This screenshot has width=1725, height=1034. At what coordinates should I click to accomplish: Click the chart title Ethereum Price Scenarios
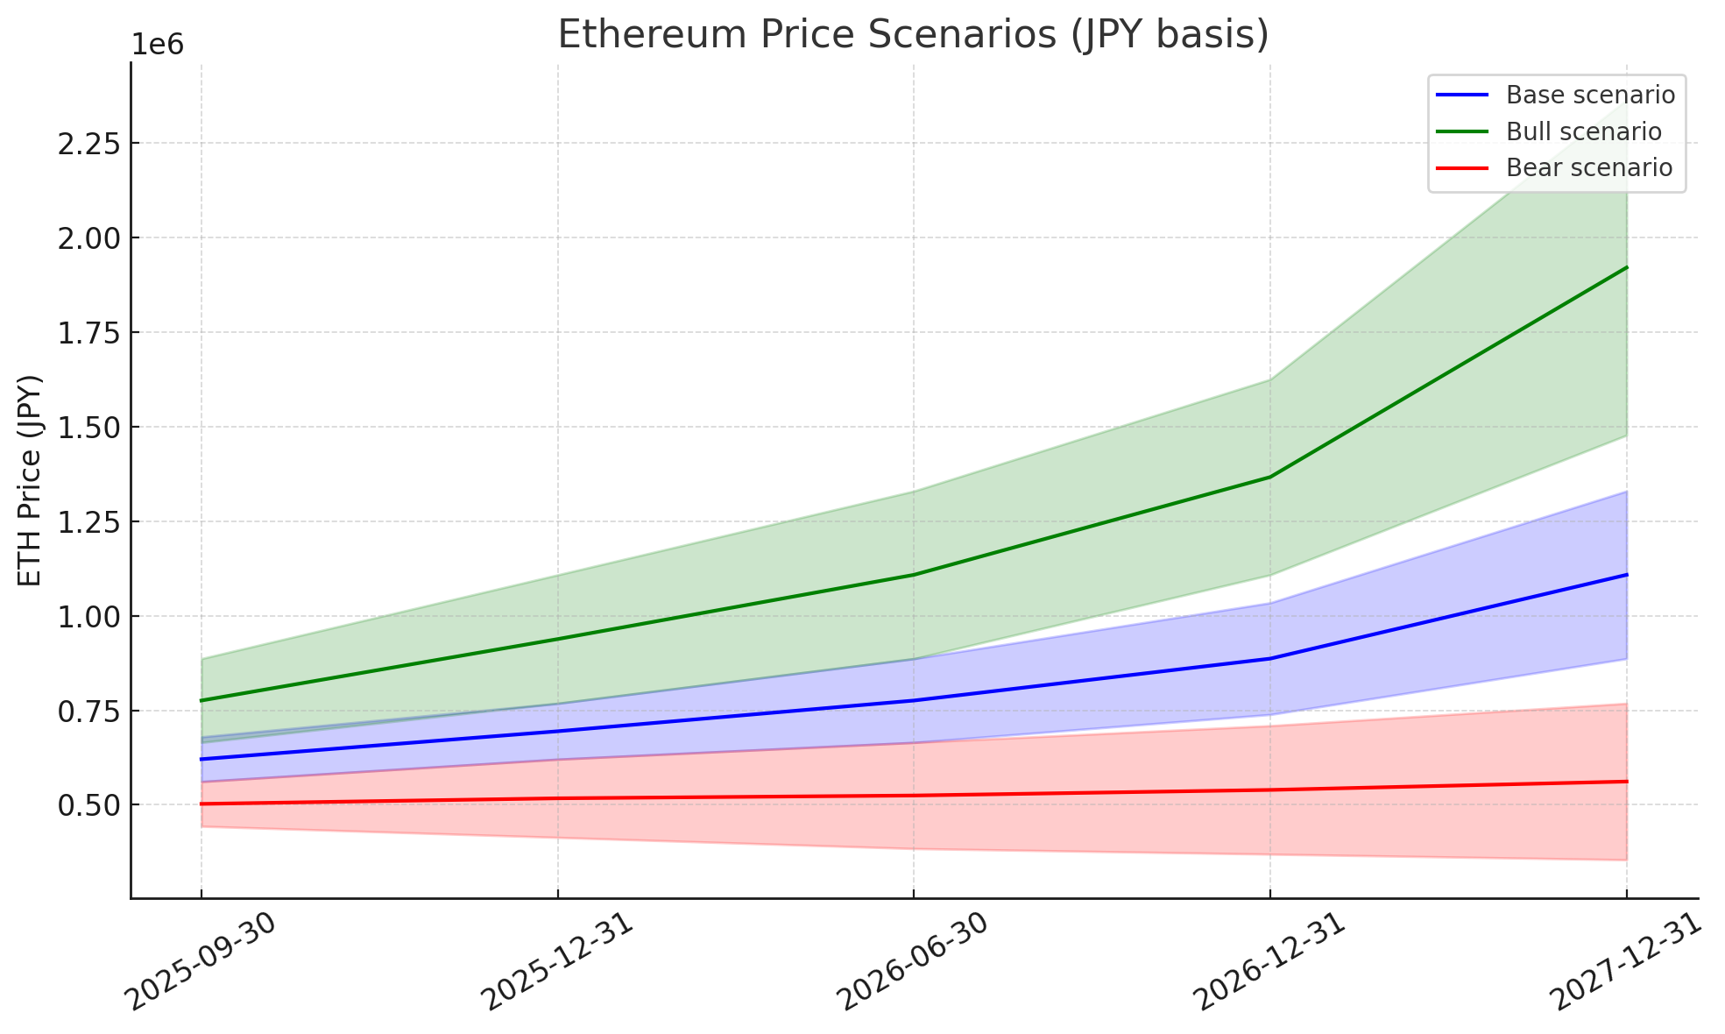click(x=913, y=35)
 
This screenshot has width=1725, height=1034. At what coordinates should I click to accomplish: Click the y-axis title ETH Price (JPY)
click(x=30, y=480)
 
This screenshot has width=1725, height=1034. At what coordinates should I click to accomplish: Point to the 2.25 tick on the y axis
click(x=88, y=144)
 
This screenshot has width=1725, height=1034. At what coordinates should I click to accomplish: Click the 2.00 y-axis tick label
click(x=88, y=238)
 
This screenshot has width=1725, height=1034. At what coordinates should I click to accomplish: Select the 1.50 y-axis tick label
click(x=88, y=428)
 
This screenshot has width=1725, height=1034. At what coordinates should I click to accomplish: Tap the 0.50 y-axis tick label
click(x=88, y=805)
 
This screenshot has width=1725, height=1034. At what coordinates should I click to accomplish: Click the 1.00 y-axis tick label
click(x=88, y=617)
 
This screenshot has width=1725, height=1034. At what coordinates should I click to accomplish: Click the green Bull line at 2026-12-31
click(x=1270, y=477)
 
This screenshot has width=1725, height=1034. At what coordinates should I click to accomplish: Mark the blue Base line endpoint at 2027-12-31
click(x=1627, y=575)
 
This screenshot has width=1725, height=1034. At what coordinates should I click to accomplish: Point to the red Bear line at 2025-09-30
click(x=201, y=804)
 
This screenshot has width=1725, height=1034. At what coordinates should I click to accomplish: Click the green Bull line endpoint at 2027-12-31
click(x=1627, y=267)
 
